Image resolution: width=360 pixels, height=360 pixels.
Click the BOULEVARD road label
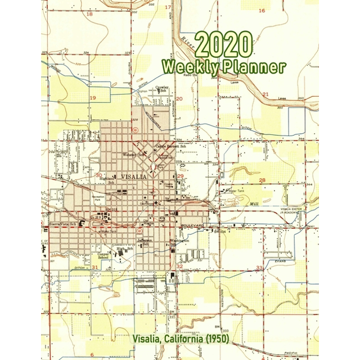coord(191,226)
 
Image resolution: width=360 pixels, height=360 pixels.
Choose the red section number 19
coord(93,98)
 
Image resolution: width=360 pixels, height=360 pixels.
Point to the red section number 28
coord(262,180)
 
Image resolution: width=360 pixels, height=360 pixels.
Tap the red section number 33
coord(259,268)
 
